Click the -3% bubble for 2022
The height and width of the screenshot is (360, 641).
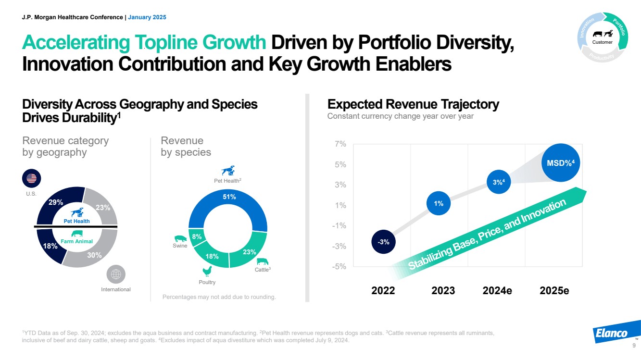click(383, 242)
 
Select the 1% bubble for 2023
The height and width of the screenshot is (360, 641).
click(439, 204)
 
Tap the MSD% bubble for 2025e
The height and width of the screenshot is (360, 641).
click(560, 162)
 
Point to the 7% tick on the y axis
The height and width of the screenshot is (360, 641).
click(340, 144)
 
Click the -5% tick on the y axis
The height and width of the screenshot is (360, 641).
click(340, 267)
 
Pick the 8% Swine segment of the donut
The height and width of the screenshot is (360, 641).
click(197, 236)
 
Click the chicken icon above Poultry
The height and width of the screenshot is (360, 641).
click(207, 272)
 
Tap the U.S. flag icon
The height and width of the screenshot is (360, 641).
click(32, 178)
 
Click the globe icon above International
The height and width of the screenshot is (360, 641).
click(115, 274)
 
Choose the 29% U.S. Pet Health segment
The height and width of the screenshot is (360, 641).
click(57, 202)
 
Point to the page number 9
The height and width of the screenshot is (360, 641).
click(634, 346)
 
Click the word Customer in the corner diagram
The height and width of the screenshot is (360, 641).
click(603, 42)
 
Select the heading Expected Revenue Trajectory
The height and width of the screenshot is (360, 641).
click(413, 104)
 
